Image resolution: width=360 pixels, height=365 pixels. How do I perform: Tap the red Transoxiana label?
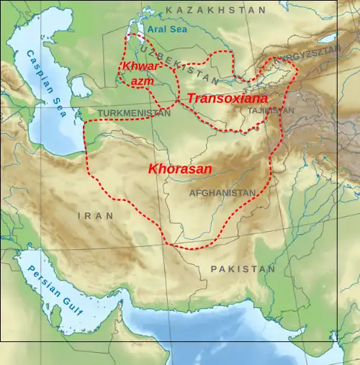(228, 97)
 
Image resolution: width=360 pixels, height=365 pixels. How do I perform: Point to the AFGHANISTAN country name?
(222, 193)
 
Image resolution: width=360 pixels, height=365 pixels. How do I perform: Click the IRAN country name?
(96, 215)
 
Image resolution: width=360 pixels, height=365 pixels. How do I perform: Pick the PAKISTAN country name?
(243, 269)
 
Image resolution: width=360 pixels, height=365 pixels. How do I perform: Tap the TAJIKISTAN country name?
(270, 112)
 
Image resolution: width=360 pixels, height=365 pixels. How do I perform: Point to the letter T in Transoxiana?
(192, 97)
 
